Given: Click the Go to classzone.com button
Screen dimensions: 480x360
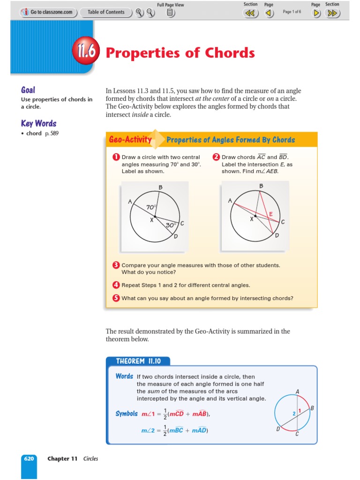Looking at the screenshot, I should [x=47, y=12].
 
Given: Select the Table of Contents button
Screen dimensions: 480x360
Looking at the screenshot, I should [x=106, y=12].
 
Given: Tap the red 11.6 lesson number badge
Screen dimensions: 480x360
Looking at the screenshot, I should [x=85, y=52].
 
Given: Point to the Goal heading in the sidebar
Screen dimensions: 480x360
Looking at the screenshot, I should [x=28, y=90].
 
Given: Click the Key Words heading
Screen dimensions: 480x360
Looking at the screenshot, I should [x=38, y=124].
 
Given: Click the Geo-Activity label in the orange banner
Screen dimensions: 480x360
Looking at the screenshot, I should [x=130, y=140].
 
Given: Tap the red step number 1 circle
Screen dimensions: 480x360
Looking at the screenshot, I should [x=116, y=157].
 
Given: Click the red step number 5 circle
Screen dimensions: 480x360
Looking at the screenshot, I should [x=116, y=298].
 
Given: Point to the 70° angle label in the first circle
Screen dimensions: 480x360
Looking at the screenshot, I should [x=151, y=207].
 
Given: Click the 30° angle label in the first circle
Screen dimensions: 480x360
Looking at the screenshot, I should [x=171, y=225].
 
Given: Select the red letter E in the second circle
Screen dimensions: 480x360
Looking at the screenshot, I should [x=270, y=214].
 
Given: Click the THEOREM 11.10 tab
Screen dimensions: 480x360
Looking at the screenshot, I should [x=138, y=361].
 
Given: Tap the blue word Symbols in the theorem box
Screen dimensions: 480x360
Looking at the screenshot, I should [x=127, y=414].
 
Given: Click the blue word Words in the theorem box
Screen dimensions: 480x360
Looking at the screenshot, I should [x=124, y=376].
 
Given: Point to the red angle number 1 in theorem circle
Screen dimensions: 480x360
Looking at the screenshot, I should [x=299, y=411].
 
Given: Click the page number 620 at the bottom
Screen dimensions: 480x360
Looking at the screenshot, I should [x=29, y=458].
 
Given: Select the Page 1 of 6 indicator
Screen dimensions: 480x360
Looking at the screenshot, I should [x=292, y=12].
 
